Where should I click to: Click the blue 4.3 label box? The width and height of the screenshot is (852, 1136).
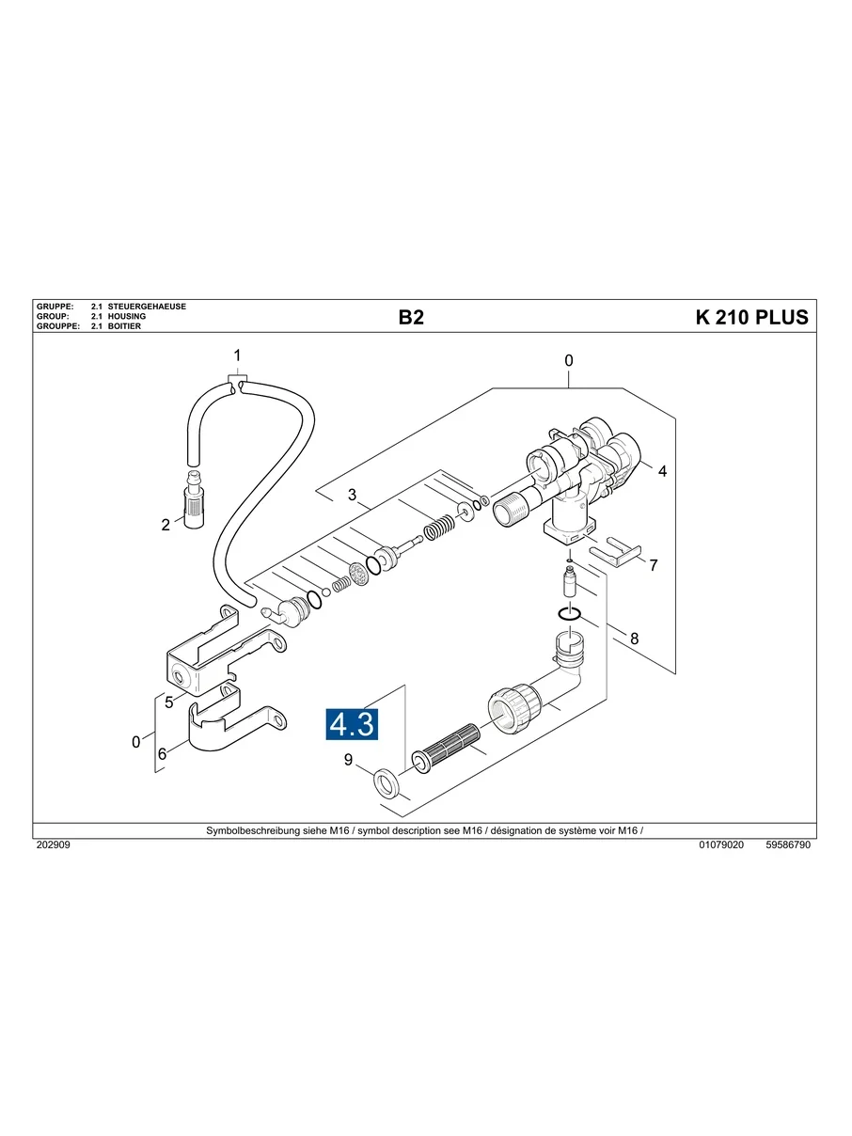(x=352, y=724)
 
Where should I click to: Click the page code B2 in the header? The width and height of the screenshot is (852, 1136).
(x=411, y=318)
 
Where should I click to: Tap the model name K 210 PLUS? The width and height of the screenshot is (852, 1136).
(x=751, y=318)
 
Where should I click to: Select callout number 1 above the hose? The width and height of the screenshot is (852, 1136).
(x=237, y=355)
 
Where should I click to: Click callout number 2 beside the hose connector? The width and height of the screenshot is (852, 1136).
(x=166, y=525)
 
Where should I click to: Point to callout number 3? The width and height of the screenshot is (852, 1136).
(x=352, y=496)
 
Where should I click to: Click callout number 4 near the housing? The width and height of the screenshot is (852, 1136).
(x=662, y=471)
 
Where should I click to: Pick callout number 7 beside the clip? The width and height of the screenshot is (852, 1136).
(x=654, y=566)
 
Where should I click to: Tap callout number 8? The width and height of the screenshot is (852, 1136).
(x=634, y=638)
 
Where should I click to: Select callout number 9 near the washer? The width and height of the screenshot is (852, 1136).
(x=348, y=760)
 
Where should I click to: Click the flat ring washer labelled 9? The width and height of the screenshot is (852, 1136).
(x=386, y=782)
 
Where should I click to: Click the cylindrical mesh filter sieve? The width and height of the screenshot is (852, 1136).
(x=448, y=749)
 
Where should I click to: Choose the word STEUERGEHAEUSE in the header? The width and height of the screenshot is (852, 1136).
(x=148, y=308)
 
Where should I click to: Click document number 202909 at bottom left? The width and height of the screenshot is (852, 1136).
(x=53, y=845)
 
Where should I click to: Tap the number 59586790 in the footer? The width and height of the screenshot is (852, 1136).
(x=787, y=845)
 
